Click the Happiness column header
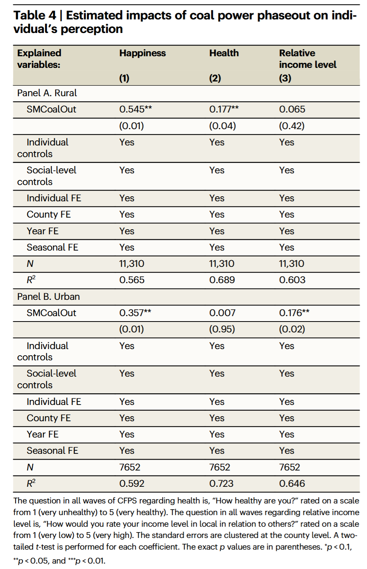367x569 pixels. tap(142, 54)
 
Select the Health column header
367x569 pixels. tap(224, 53)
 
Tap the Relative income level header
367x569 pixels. tap(308, 59)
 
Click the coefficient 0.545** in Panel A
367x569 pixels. tap(135, 109)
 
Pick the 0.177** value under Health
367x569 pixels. tap(224, 109)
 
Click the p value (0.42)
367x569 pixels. tap(291, 126)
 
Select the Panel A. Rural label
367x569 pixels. tap(47, 93)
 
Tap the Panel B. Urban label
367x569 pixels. tap(48, 297)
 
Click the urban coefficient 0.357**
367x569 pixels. tap(135, 313)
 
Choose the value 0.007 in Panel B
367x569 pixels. tap(222, 313)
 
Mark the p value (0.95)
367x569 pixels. tap(222, 329)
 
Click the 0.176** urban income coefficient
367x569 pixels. tap(294, 313)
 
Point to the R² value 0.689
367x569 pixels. tap(222, 280)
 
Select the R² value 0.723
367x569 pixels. tap(221, 484)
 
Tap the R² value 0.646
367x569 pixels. tap(292, 484)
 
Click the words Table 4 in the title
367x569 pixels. tap(35, 16)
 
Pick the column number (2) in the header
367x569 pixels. tap(215, 78)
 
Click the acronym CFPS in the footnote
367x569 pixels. tap(127, 501)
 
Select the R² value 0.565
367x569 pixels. tap(132, 280)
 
